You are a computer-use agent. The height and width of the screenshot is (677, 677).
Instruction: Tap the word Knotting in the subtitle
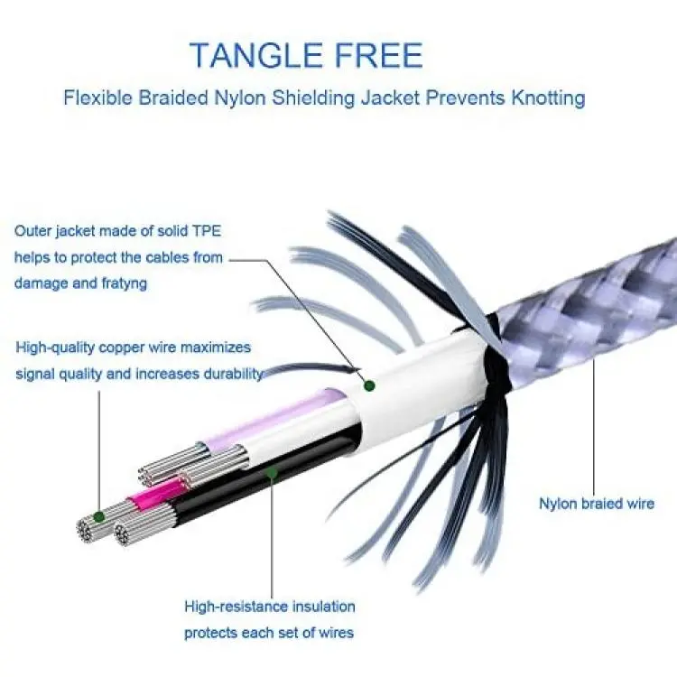(x=548, y=98)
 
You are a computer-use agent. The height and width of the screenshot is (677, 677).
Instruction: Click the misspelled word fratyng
(x=125, y=284)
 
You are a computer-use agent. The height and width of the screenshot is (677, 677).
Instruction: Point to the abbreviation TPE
(x=207, y=231)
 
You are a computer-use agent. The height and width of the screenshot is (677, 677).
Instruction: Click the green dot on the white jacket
(x=369, y=385)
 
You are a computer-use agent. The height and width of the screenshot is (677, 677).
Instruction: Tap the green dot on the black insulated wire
(x=272, y=473)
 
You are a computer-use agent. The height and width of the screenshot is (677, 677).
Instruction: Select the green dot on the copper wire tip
(x=99, y=516)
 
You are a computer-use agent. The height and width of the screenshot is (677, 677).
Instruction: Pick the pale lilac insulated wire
(x=276, y=417)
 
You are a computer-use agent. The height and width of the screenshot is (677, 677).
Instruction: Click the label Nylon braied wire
(x=597, y=504)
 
